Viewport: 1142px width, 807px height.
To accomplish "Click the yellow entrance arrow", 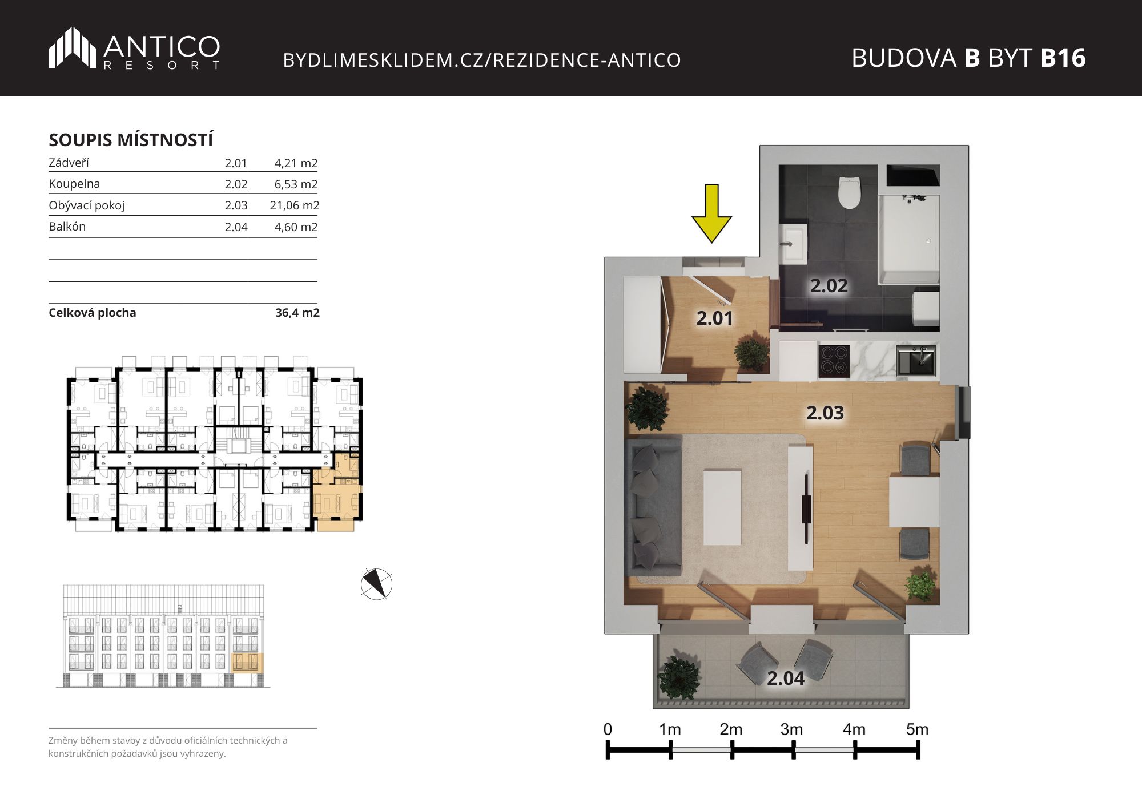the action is pyautogui.click(x=711, y=213).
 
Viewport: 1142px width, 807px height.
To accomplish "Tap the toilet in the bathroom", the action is pyautogui.click(x=849, y=192).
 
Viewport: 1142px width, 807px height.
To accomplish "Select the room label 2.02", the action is pyautogui.click(x=829, y=285).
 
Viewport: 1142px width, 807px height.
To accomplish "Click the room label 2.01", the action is pyautogui.click(x=714, y=318).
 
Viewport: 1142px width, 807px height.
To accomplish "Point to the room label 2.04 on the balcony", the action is pyautogui.click(x=785, y=678).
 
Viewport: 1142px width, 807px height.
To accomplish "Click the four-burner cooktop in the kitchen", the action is pyautogui.click(x=834, y=361).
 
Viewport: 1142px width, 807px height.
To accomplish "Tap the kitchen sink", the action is pyautogui.click(x=916, y=361).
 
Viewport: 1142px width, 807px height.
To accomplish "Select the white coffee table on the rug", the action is pyautogui.click(x=722, y=507).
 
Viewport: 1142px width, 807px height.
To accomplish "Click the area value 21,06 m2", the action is pyautogui.click(x=295, y=205).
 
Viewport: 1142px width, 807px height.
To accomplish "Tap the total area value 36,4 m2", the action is pyautogui.click(x=297, y=313).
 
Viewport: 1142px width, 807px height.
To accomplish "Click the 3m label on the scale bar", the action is pyautogui.click(x=791, y=729).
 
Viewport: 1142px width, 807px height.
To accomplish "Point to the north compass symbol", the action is pyautogui.click(x=376, y=584).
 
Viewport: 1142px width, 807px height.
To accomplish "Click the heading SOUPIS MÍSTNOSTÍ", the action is pyautogui.click(x=131, y=140).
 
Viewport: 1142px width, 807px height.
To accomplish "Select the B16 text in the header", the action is pyautogui.click(x=1063, y=58).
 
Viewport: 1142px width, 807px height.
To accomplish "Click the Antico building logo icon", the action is pyautogui.click(x=73, y=47).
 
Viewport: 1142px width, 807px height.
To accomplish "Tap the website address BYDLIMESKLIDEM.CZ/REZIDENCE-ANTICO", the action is pyautogui.click(x=482, y=60).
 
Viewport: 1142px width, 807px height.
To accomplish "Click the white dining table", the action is pyautogui.click(x=914, y=502).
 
